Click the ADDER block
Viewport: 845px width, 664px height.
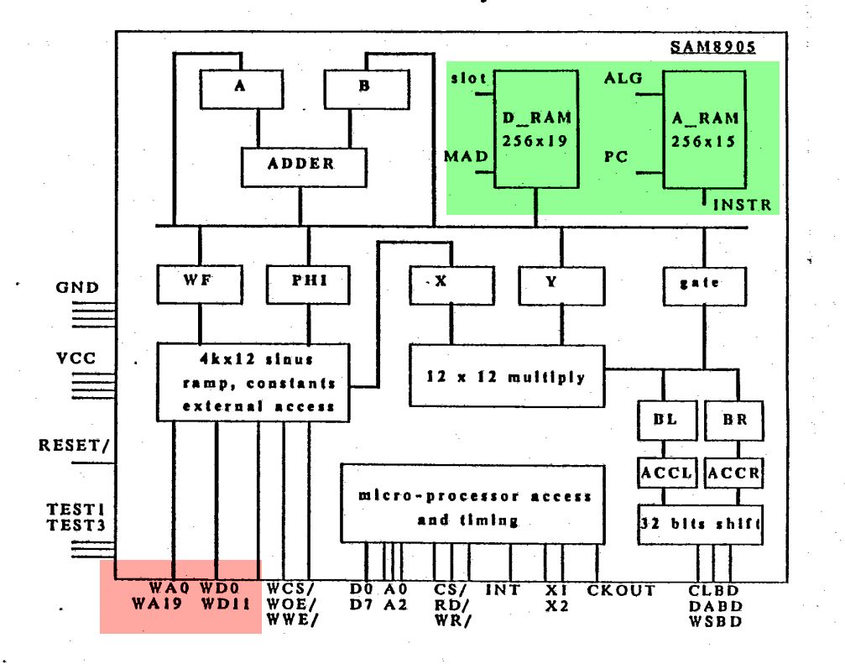click(300, 165)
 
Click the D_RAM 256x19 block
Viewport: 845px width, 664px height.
click(535, 128)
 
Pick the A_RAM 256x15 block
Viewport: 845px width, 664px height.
click(704, 128)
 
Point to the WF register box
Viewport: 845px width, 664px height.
click(199, 284)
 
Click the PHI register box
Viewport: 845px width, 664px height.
click(308, 284)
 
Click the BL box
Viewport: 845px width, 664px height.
click(665, 420)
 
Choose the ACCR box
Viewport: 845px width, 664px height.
click(733, 473)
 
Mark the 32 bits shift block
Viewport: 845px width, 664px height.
click(700, 525)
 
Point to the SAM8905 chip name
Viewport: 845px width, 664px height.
click(712, 46)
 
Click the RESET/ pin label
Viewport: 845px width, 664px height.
click(75, 446)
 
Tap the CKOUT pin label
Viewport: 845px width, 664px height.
click(621, 590)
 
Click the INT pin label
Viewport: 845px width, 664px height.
click(502, 590)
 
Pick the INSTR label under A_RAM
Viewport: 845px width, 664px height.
click(743, 204)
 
